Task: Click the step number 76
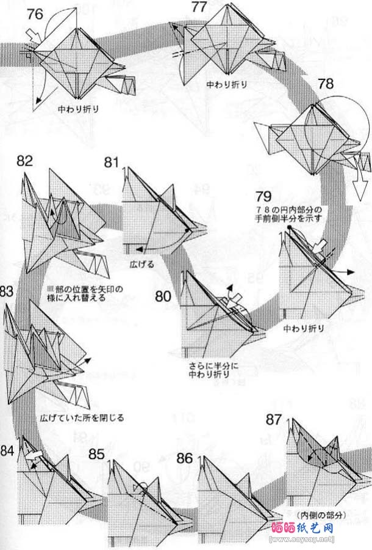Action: [x=35, y=13]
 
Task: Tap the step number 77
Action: [x=199, y=7]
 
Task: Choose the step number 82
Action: [x=25, y=161]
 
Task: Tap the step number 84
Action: [x=8, y=452]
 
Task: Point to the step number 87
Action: [x=274, y=420]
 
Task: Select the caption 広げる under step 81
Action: [x=142, y=264]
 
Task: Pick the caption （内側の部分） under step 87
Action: [x=321, y=515]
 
